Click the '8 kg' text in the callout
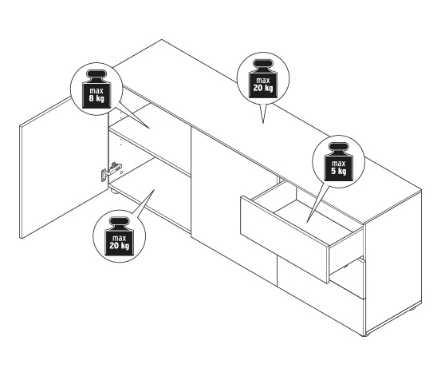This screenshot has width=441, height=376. (x=96, y=98)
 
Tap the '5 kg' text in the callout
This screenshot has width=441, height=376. (x=339, y=171)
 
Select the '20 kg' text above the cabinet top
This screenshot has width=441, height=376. (x=263, y=88)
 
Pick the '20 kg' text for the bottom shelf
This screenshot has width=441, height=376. (x=120, y=246)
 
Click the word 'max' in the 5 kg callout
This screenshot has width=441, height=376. (x=339, y=164)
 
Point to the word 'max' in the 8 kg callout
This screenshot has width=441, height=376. (x=96, y=91)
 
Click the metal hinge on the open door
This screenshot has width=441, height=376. (x=111, y=171)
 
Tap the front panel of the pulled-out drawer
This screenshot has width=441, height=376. (x=285, y=239)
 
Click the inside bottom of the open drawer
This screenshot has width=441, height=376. (x=312, y=217)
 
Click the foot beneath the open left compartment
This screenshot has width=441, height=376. (x=115, y=192)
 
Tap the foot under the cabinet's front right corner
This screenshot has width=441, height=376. (x=367, y=334)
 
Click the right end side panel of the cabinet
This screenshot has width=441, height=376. (x=393, y=262)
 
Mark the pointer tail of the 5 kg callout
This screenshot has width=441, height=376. (x=316, y=204)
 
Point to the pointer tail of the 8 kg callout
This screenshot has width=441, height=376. (x=132, y=116)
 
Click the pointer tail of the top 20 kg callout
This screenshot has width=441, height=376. (x=263, y=113)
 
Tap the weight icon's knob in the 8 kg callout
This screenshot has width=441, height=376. (x=96, y=76)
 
